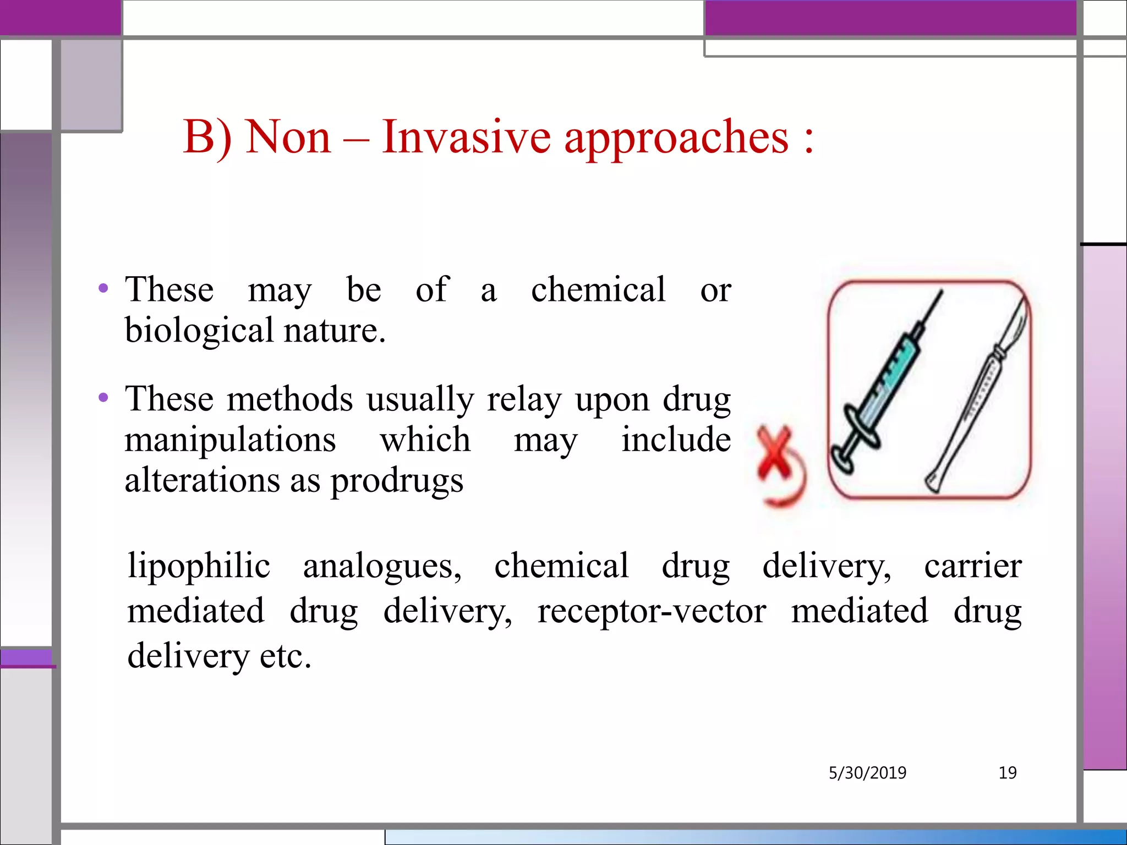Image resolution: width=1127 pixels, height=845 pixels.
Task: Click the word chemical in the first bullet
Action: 598,289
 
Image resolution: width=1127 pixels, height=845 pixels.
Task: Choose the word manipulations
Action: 230,440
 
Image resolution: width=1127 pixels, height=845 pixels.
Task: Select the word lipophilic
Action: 199,566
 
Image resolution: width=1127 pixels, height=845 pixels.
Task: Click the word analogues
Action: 382,567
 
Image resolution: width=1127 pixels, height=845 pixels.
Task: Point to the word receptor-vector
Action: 652,611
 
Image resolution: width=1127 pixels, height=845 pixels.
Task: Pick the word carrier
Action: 972,566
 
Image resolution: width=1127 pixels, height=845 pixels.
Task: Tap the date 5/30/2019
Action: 867,773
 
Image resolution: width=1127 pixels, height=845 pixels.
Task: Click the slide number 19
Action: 1008,773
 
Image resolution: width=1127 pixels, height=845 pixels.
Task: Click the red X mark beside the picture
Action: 775,453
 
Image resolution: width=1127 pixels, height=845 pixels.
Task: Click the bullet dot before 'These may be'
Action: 103,288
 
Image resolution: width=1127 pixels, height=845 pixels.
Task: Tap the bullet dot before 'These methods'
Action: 103,397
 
